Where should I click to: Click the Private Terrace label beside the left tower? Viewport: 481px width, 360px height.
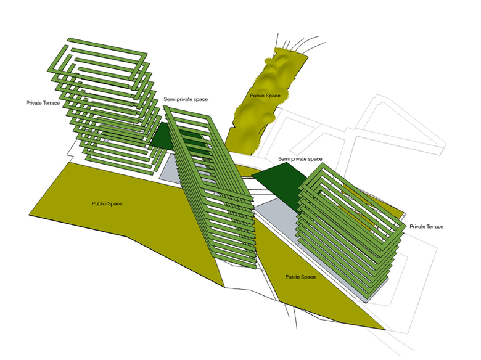(43, 103)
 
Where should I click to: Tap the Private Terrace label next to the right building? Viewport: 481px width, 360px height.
(426, 227)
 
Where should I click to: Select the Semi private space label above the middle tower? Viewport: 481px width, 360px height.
(186, 99)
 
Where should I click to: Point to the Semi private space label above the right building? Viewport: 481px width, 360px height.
(300, 159)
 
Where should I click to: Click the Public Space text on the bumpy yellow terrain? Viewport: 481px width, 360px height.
(265, 96)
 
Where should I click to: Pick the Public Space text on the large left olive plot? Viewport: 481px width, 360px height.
(107, 203)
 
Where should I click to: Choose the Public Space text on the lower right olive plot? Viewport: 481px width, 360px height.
(300, 277)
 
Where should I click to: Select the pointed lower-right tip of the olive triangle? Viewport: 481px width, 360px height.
(385, 330)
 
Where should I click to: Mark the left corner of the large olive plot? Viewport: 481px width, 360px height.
(30, 215)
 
